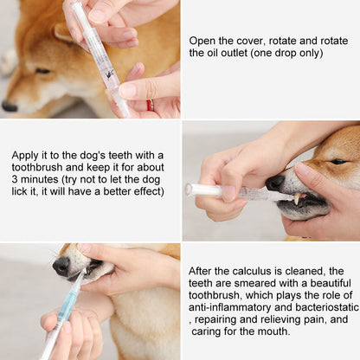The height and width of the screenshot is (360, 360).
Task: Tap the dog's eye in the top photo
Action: click(x=42, y=70)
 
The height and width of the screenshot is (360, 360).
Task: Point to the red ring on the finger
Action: click(x=148, y=105)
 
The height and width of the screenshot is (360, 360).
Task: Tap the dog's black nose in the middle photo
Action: click(x=274, y=183)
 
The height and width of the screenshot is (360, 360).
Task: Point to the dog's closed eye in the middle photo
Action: click(x=338, y=161)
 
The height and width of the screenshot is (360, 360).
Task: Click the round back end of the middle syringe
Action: click(x=188, y=189)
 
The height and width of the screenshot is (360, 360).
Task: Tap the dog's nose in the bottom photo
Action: click(x=61, y=266)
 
